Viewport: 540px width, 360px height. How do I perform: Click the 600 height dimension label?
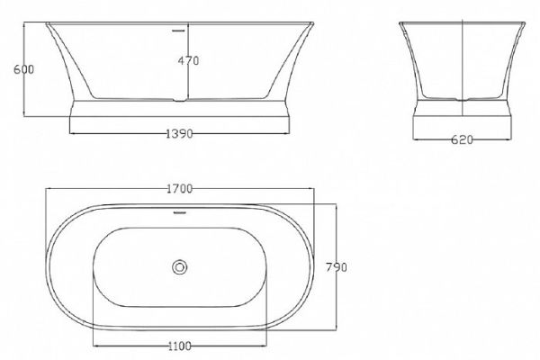coord(12,69)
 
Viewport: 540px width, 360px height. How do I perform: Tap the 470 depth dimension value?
coord(188,61)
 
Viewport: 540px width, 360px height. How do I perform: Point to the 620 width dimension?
coord(461,140)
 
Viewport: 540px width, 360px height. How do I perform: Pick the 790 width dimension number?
coord(337,267)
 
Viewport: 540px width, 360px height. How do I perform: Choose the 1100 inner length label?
coord(181,345)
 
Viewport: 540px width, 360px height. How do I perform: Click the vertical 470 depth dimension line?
coord(186,81)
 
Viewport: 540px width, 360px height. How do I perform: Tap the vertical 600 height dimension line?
coord(24,69)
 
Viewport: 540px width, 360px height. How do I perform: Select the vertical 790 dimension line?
coord(334,243)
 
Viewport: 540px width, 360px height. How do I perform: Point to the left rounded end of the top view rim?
coord(51,266)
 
